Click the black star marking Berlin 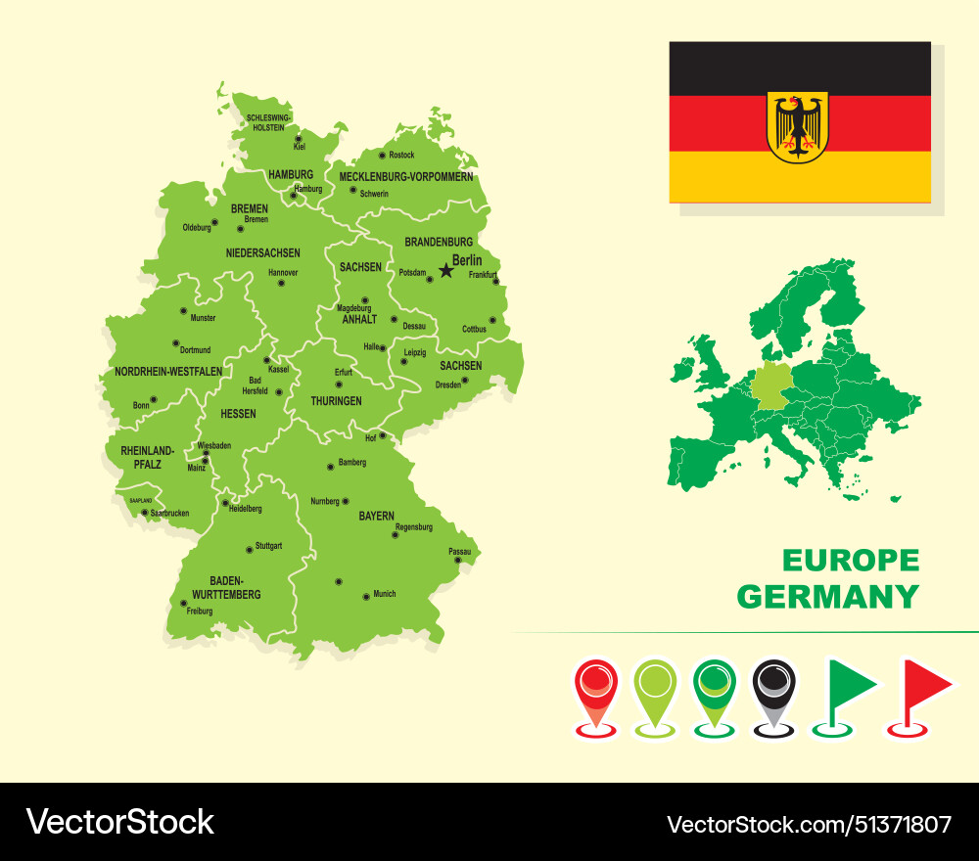(x=446, y=269)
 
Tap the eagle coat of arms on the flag (x=798, y=126)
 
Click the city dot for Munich (x=366, y=595)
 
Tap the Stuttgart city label (x=268, y=546)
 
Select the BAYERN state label (x=376, y=516)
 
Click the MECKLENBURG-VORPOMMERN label (x=405, y=177)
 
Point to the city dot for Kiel (x=299, y=139)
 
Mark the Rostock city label (x=401, y=156)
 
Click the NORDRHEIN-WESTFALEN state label (x=168, y=372)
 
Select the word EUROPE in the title (x=851, y=561)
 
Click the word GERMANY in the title (x=828, y=596)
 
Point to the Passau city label (x=460, y=552)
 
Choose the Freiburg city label (x=199, y=612)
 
